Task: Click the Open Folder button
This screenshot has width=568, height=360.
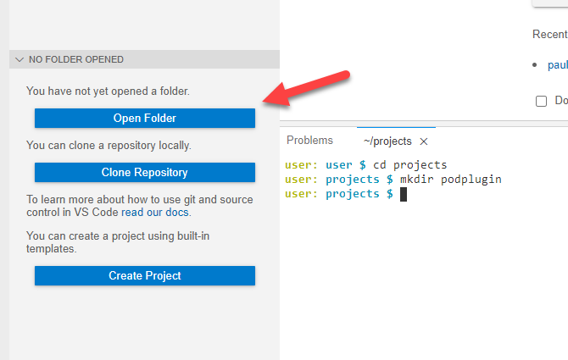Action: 144,118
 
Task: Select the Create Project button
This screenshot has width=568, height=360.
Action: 144,275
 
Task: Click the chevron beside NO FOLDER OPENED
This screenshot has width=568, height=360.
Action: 19,60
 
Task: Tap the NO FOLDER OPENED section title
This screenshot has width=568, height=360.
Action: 75,60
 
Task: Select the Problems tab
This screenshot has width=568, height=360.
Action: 309,141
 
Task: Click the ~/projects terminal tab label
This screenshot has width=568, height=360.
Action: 387,141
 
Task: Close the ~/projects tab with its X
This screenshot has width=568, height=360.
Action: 424,141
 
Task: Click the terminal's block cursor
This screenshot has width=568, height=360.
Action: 404,194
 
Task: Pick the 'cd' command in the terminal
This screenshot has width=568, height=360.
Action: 379,164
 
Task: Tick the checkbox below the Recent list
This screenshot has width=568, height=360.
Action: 542,101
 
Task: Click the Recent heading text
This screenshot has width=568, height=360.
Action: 549,35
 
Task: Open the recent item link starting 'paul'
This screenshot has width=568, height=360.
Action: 557,64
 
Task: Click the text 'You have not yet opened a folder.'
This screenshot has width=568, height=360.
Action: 108,91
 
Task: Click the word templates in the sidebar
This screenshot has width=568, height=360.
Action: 51,250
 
